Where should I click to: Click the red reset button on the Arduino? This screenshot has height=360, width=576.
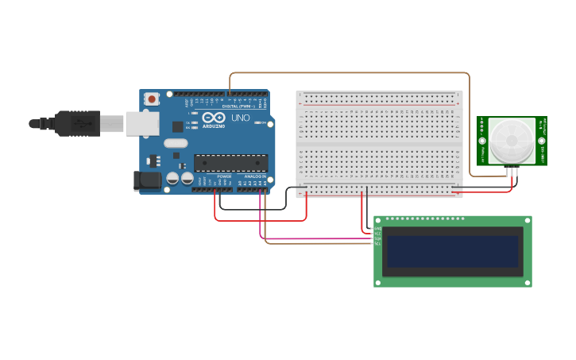[152, 99]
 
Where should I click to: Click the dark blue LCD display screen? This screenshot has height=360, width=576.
[453, 251]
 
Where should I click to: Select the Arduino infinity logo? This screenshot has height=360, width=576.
[213, 118]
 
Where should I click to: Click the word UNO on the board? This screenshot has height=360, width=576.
[241, 118]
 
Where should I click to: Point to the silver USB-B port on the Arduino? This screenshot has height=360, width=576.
[142, 123]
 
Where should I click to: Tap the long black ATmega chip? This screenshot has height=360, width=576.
[230, 162]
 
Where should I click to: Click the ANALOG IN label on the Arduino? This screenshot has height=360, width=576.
[255, 176]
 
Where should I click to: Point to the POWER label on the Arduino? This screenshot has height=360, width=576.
[224, 176]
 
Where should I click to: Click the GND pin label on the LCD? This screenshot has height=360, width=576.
[377, 228]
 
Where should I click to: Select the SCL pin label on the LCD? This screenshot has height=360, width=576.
[377, 242]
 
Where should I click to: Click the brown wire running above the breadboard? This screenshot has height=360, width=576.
[350, 73]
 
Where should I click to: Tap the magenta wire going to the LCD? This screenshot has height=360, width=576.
[318, 238]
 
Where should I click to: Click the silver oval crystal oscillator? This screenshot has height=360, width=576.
[176, 143]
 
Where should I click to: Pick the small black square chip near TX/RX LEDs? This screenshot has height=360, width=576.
[176, 126]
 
